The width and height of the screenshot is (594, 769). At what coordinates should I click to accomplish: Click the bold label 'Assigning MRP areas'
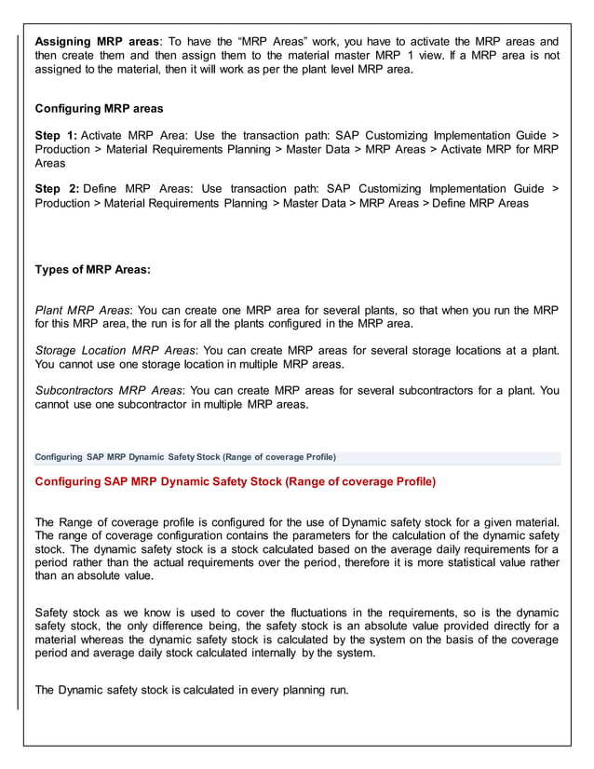click(x=96, y=42)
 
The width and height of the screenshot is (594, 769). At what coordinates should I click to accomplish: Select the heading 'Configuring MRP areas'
click(x=99, y=109)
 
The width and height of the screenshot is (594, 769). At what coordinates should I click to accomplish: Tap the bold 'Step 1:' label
click(x=57, y=136)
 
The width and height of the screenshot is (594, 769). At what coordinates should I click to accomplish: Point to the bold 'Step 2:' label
click(x=57, y=189)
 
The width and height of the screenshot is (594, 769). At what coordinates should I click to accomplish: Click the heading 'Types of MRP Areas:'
click(x=92, y=270)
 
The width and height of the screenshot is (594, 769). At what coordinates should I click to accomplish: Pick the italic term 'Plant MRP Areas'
click(x=82, y=310)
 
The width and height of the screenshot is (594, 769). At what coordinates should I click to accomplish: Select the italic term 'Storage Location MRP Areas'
click(x=115, y=350)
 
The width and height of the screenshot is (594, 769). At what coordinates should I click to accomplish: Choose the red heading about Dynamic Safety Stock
click(x=235, y=481)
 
